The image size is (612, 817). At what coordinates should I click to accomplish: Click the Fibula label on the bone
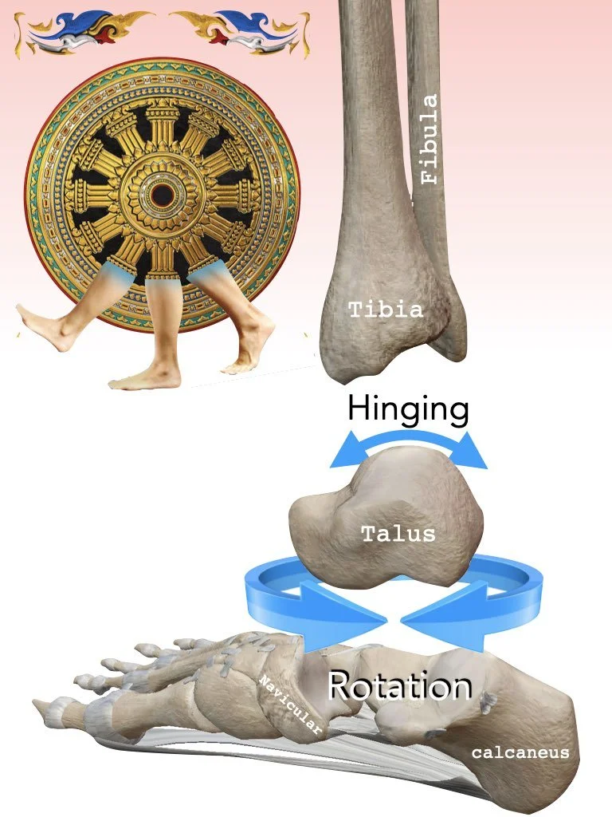tap(430, 140)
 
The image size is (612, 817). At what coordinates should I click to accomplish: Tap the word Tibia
tap(386, 310)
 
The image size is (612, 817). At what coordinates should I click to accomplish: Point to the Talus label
tap(398, 533)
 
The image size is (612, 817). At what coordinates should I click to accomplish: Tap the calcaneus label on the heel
tap(520, 752)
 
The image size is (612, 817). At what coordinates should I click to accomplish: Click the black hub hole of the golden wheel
tap(163, 193)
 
